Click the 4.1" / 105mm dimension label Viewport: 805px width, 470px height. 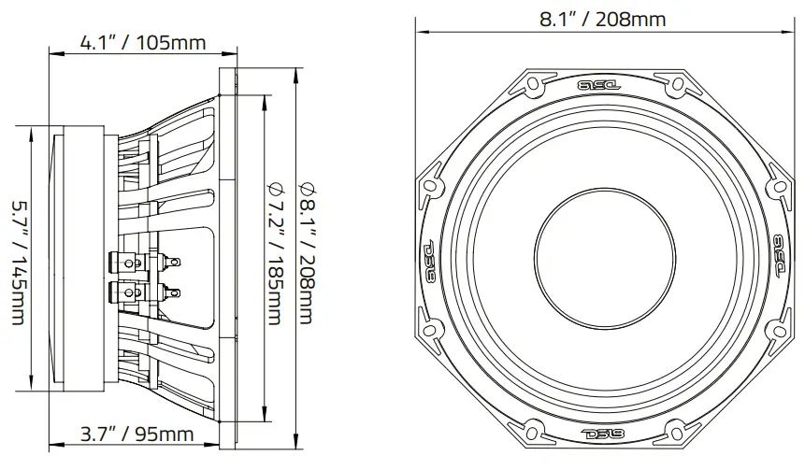point(143,43)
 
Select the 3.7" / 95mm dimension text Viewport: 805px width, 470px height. point(136,434)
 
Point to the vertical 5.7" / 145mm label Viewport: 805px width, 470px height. point(18,262)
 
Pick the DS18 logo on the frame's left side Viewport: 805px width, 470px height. point(431,260)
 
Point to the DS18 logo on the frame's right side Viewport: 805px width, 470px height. point(779,255)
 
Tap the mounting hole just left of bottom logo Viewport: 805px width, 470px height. point(534,430)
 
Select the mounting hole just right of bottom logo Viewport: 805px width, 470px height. point(675,430)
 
